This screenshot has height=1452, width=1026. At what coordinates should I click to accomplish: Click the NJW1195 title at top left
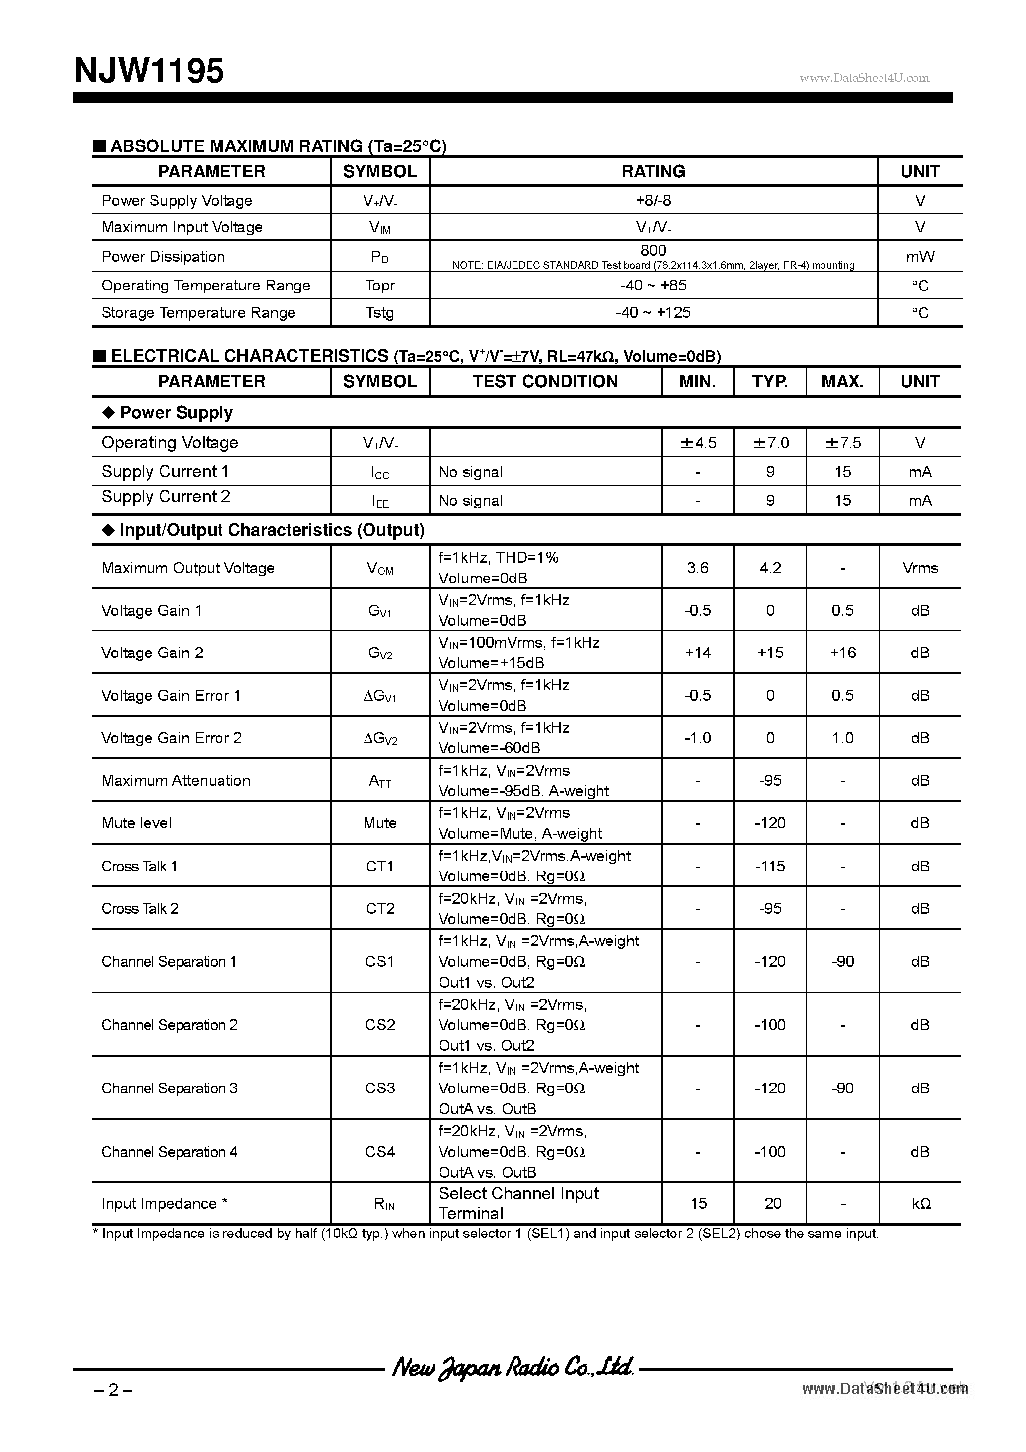149,71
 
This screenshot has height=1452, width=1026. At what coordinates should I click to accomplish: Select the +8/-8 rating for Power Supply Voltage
653,201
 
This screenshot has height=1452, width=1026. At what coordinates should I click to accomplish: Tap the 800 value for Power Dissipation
653,250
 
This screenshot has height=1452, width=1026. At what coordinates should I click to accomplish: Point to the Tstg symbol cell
379,313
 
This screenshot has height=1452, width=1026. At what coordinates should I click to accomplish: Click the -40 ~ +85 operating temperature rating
653,285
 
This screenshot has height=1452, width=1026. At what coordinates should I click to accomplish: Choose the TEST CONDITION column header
545,381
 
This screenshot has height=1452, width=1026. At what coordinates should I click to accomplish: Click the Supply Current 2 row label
166,497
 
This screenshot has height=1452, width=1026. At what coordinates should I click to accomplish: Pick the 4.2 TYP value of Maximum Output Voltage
770,568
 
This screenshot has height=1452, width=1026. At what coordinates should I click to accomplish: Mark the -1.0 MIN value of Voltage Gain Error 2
698,738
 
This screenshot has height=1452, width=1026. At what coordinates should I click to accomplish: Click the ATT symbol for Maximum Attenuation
379,781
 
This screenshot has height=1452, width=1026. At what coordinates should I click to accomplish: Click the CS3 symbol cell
379,1089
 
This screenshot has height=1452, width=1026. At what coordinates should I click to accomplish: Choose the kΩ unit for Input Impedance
920,1204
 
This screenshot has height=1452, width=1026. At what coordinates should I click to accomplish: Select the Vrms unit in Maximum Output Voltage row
920,568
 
